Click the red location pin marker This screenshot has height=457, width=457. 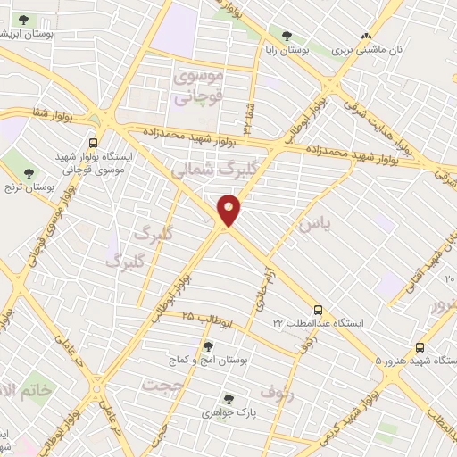229,211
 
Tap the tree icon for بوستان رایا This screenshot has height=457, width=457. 286,37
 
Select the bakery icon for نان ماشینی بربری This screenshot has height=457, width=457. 364,37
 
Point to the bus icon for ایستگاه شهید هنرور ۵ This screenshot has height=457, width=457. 420,347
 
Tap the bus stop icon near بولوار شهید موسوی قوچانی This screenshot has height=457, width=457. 94,142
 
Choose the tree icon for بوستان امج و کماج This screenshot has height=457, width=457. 208,346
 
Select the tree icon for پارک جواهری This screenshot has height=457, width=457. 228,400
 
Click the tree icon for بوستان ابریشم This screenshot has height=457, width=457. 23,20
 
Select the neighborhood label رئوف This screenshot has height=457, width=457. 276,391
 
